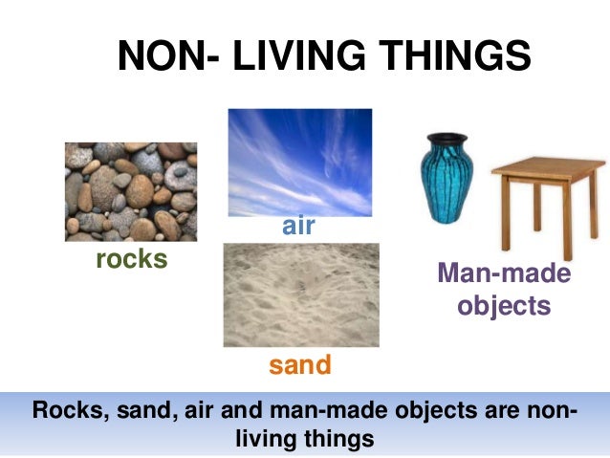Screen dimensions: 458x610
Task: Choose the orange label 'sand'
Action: pyautogui.click(x=299, y=364)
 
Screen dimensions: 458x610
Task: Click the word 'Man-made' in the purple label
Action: pyautogui.click(x=504, y=274)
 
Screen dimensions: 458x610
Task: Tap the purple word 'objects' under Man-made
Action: pyautogui.click(x=504, y=306)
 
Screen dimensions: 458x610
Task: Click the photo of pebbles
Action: pyautogui.click(x=131, y=191)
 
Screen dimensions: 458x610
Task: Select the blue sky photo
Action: pyautogui.click(x=299, y=162)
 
